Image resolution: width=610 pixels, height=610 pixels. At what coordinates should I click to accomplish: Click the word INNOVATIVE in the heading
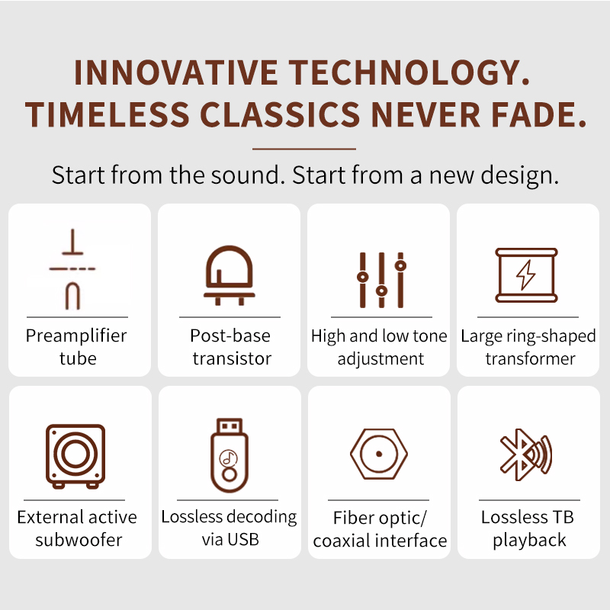(x=175, y=72)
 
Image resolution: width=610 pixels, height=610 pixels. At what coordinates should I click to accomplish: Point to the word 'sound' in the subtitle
(x=245, y=175)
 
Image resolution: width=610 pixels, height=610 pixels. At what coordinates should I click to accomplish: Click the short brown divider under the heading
(x=304, y=149)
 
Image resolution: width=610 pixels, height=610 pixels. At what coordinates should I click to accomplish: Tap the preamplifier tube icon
(x=72, y=269)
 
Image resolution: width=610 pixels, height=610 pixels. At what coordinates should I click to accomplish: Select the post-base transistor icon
(x=230, y=275)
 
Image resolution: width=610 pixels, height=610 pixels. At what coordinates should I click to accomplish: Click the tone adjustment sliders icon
(x=382, y=280)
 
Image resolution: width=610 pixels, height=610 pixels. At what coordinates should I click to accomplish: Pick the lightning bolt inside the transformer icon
(x=526, y=275)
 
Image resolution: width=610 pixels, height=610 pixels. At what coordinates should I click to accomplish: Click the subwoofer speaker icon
(x=75, y=456)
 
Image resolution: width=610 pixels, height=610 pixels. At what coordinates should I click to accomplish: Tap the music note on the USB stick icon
(x=228, y=458)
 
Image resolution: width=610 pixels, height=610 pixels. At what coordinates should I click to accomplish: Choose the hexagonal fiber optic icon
(x=379, y=454)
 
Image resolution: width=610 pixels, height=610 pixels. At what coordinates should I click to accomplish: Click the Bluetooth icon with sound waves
(x=526, y=454)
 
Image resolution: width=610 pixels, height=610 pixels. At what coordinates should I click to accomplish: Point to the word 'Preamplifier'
(x=76, y=336)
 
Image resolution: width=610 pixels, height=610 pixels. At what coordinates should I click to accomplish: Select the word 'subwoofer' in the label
(x=79, y=540)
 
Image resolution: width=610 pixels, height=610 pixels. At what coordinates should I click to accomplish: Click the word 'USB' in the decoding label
(x=243, y=540)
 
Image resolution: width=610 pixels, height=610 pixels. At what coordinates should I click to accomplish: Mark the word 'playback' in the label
(x=529, y=541)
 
